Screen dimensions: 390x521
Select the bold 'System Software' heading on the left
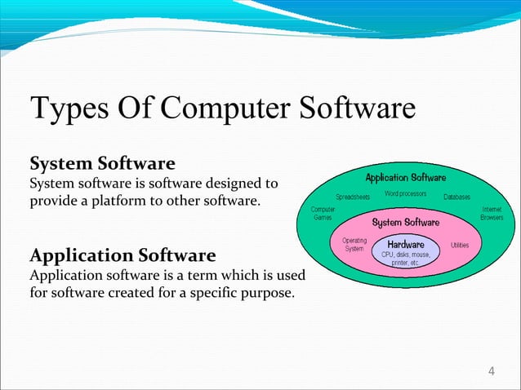click(x=102, y=163)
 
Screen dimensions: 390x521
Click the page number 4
click(x=491, y=373)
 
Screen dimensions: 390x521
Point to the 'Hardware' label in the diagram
click(x=405, y=244)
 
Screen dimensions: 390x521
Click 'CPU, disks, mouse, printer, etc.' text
click(x=405, y=258)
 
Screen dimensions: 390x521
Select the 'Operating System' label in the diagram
click(x=354, y=245)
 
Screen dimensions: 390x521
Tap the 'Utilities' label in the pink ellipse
click(x=459, y=245)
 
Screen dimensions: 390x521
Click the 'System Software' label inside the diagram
click(x=405, y=222)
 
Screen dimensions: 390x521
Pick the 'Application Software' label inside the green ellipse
click(x=405, y=177)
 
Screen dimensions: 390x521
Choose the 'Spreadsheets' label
click(x=353, y=197)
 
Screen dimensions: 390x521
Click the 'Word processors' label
click(x=405, y=193)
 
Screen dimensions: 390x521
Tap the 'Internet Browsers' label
click(x=491, y=213)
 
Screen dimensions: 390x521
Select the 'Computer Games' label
click(x=323, y=213)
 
